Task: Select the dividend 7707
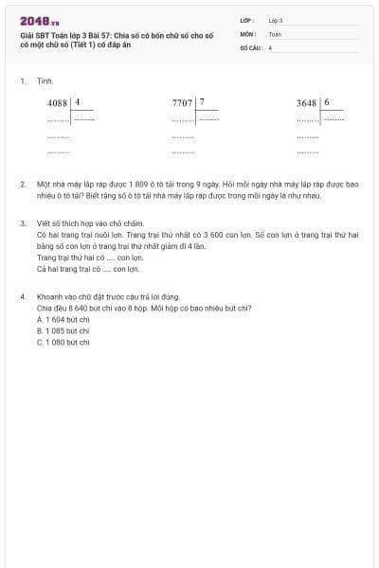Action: (183, 102)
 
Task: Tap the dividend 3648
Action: (307, 102)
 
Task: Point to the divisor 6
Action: (327, 102)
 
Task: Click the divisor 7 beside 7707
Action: (202, 101)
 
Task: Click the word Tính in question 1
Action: (45, 81)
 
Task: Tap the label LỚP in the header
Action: (247, 20)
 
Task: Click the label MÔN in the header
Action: (247, 33)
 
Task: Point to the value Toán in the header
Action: (275, 33)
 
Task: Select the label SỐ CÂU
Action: (250, 46)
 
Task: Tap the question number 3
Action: (22, 223)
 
